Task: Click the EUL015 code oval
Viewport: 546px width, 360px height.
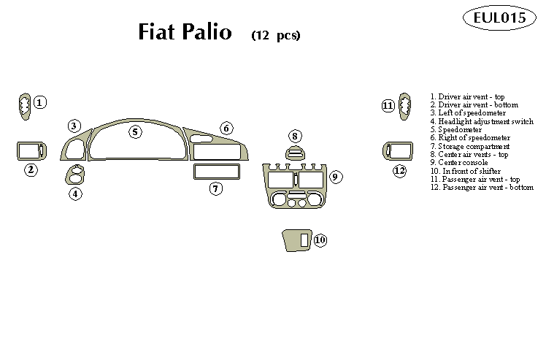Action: pos(499,19)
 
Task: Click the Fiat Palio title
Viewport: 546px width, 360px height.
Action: pos(185,33)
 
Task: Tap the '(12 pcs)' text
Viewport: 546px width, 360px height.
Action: pos(275,35)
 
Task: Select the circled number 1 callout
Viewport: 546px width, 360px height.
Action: pos(40,103)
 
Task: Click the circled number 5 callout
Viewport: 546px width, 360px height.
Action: pos(135,131)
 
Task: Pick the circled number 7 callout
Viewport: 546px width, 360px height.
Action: pos(215,188)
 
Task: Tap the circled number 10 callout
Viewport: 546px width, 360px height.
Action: pos(320,240)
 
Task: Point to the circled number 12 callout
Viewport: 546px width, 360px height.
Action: pos(399,171)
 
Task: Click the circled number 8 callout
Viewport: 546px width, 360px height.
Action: pos(295,136)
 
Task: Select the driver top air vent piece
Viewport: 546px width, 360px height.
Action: pos(25,107)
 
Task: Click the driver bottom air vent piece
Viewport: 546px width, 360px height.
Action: pos(29,151)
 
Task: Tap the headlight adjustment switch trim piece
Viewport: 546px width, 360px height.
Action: pos(75,176)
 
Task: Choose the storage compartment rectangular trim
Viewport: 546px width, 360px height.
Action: pos(217,172)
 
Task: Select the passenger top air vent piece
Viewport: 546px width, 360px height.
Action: pos(403,107)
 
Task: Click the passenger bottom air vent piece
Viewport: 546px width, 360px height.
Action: pos(398,151)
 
